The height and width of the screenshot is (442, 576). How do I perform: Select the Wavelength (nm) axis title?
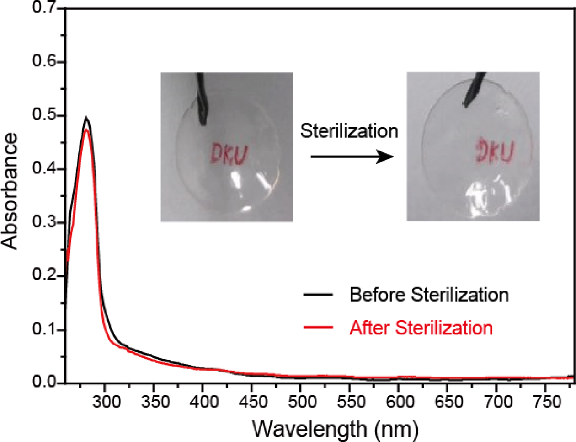(335, 429)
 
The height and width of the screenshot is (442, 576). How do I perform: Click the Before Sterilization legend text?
(429, 295)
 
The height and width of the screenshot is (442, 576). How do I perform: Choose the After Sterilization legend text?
(421, 328)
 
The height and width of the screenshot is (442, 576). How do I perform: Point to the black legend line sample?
(318, 295)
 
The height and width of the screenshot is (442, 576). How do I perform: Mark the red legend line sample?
(318, 328)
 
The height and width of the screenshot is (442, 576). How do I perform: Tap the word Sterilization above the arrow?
(349, 131)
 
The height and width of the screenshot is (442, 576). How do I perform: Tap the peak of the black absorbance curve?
(85, 118)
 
